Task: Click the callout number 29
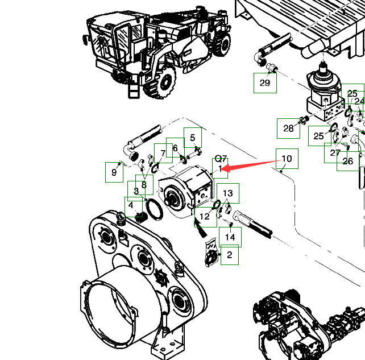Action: click(x=265, y=82)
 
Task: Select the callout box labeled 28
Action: click(x=288, y=128)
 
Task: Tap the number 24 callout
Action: click(x=359, y=101)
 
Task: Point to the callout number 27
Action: click(x=335, y=152)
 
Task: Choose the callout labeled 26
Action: click(x=348, y=161)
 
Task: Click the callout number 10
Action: click(x=287, y=159)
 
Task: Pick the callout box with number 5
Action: click(x=192, y=138)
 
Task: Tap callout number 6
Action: click(x=175, y=148)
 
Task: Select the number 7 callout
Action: click(x=163, y=153)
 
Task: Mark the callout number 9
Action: click(x=114, y=172)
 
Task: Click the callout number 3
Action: click(x=136, y=191)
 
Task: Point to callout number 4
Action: click(x=131, y=205)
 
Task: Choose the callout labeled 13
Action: click(x=228, y=193)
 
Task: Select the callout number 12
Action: click(x=205, y=216)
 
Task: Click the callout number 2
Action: click(x=229, y=255)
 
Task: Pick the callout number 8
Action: click(x=144, y=184)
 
